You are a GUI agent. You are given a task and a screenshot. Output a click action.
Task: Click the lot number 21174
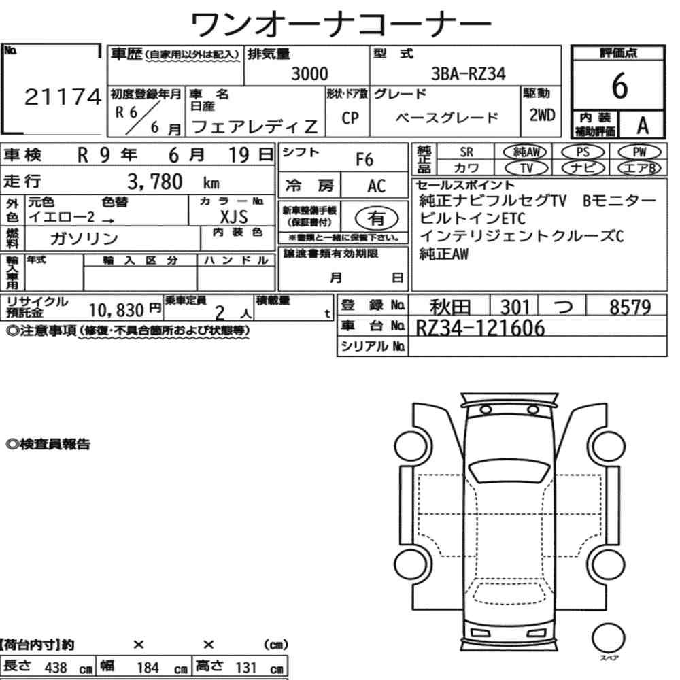[x=63, y=97]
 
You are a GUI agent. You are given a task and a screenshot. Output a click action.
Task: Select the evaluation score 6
[x=619, y=86]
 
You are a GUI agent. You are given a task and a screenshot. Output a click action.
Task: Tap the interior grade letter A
[x=643, y=126]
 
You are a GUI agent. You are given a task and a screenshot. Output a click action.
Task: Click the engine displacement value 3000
[x=309, y=73]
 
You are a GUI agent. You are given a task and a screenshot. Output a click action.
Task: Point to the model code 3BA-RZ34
[x=468, y=73]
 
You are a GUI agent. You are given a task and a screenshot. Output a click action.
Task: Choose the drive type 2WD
[x=542, y=115]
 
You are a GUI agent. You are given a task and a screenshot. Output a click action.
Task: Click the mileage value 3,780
[x=155, y=182]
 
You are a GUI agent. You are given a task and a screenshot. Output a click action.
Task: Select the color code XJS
[x=234, y=216]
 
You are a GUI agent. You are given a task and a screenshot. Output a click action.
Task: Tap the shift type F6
[x=364, y=160]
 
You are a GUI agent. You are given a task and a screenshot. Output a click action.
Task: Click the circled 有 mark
[x=377, y=218]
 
